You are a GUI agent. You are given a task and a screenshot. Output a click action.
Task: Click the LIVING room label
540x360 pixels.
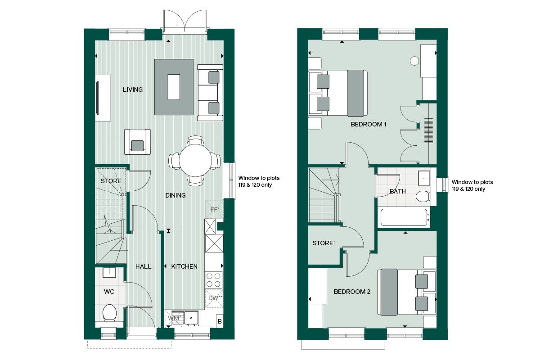133,90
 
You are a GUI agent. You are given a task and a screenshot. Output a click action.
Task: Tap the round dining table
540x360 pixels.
195,161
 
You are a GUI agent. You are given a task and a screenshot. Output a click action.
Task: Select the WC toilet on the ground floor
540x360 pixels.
109,313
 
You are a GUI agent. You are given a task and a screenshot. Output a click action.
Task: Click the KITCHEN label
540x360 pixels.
184,266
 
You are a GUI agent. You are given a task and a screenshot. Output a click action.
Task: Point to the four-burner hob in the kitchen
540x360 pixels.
213,280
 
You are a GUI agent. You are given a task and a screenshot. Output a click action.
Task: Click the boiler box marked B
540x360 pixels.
220,321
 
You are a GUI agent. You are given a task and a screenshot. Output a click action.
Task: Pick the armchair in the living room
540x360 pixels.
137,142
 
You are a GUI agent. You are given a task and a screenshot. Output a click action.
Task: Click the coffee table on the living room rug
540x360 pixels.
174,87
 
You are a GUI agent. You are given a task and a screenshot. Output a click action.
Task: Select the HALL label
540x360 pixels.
144,266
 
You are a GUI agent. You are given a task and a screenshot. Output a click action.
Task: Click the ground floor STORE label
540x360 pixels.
111,181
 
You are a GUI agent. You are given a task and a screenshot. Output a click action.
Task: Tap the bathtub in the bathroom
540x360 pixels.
403,218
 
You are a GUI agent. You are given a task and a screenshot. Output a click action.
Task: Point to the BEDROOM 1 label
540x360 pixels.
368,124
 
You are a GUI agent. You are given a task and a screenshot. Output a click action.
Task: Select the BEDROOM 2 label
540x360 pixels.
351,292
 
